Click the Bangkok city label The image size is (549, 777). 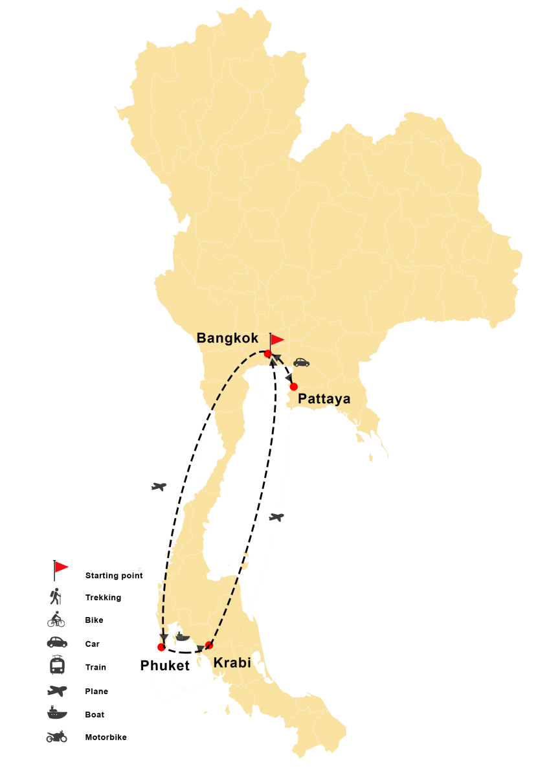[227, 338]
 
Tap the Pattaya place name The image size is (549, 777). [324, 400]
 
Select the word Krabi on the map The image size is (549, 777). [232, 662]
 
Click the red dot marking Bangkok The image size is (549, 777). [267, 354]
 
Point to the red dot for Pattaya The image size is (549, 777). [293, 387]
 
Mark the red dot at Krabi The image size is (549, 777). [209, 645]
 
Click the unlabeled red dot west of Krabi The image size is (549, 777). [161, 647]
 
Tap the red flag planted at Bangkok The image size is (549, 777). [276, 340]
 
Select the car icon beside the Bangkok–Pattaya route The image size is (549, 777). [301, 363]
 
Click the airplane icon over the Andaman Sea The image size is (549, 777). [159, 486]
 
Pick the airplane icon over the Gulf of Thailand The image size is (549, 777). [276, 517]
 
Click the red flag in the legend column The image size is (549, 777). [61, 568]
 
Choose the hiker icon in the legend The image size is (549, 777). [57, 595]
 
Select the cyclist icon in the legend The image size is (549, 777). [56, 620]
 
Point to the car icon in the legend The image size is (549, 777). [57, 642]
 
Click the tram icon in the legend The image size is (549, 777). [57, 666]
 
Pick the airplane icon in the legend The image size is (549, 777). [57, 690]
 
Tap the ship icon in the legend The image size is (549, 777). [57, 713]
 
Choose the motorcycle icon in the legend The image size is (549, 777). [56, 736]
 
